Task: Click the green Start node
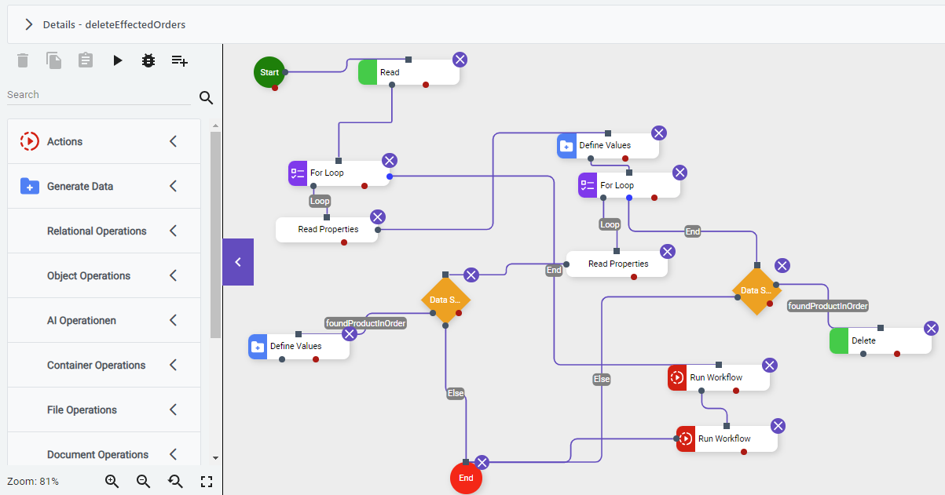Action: coord(269,72)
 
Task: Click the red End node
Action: coord(466,478)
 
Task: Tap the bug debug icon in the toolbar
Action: coord(148,60)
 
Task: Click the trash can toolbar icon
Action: coord(23,60)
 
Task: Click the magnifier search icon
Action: coord(206,97)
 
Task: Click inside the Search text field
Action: coord(94,95)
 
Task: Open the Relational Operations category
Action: coord(97,231)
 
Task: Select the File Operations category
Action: coord(82,409)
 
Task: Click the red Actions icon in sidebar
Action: coord(29,141)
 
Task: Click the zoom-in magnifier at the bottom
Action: coord(112,482)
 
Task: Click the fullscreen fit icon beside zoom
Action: coord(207,482)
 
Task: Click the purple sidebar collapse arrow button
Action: coord(238,262)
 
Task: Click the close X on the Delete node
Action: coord(931,328)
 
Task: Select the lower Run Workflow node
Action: coord(727,439)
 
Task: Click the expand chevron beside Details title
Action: coord(29,24)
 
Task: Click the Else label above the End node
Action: coord(456,393)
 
